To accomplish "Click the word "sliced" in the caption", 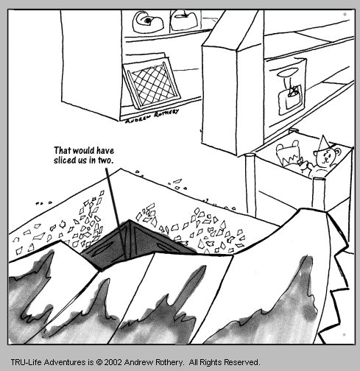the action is pyautogui.click(x=62, y=160).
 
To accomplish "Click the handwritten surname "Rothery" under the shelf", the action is pyautogui.click(x=166, y=113).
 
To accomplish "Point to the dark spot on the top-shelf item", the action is pyautogui.click(x=148, y=21).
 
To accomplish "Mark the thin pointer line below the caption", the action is pyautogui.click(x=116, y=213).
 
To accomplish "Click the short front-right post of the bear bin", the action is pyautogui.click(x=318, y=194).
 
